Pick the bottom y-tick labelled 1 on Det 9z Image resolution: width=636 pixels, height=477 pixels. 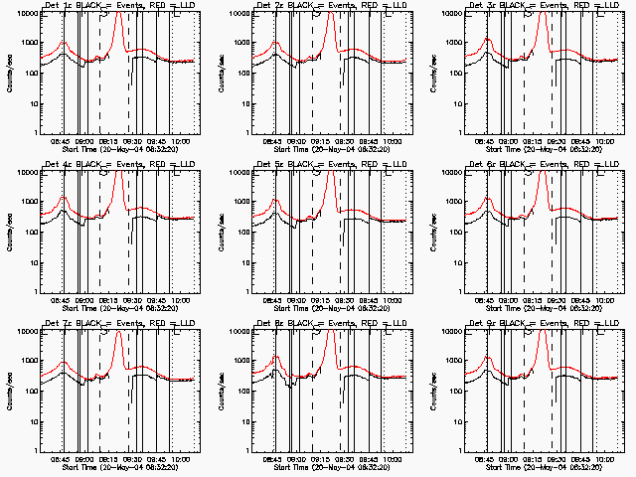pyautogui.click(x=469, y=449)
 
